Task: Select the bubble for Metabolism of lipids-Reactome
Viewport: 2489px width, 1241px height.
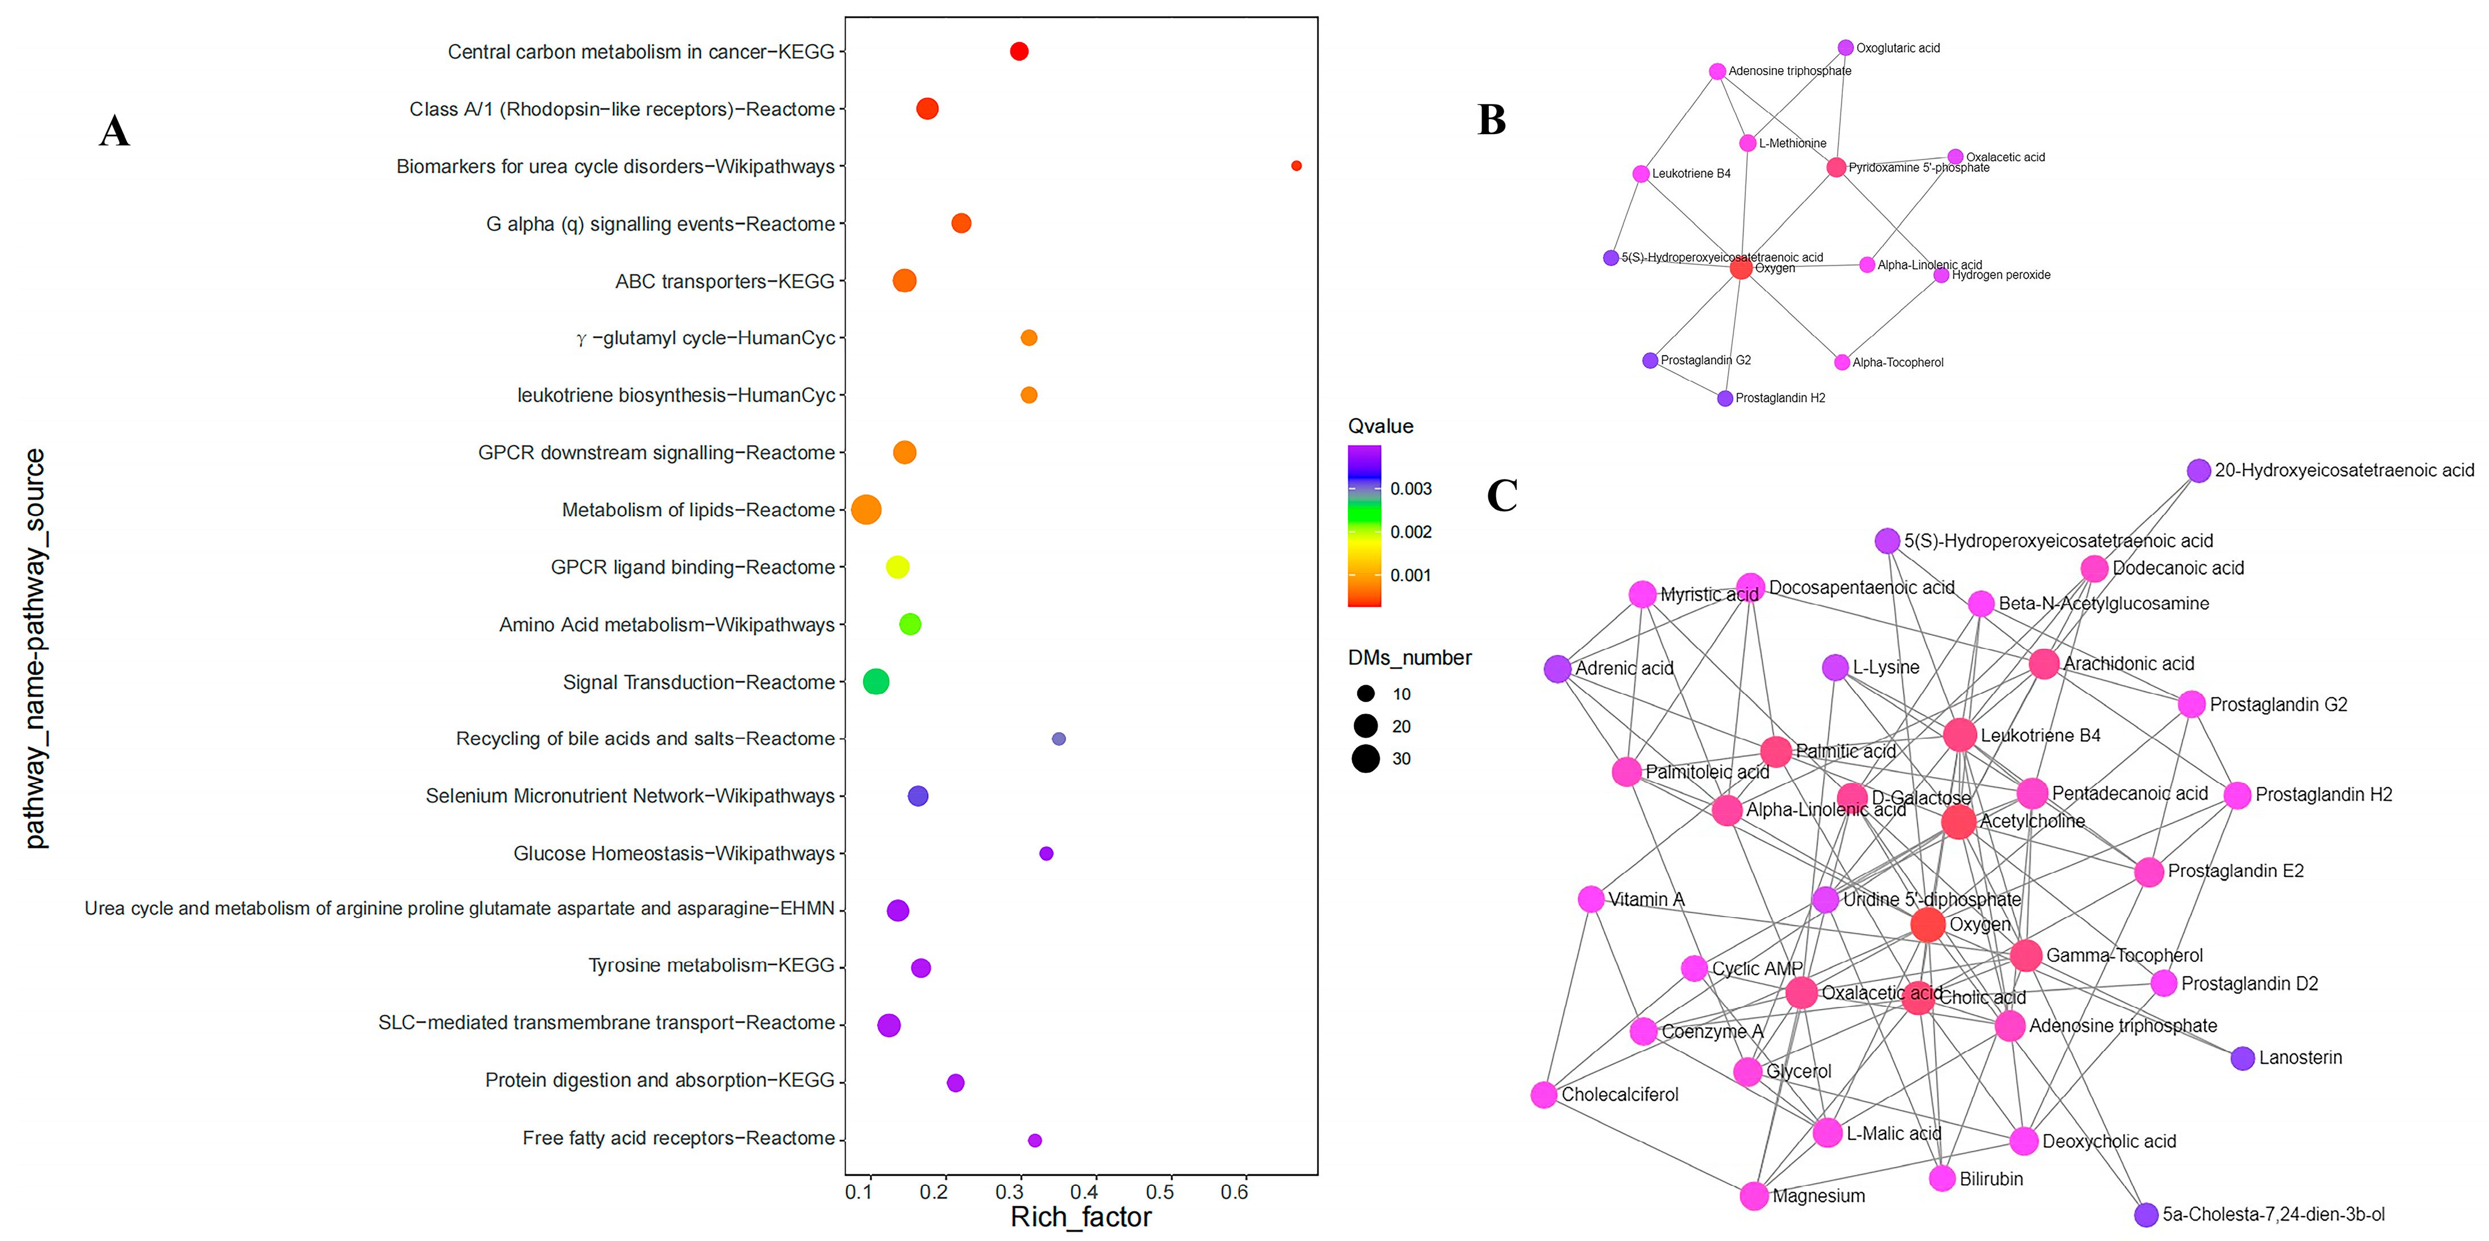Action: click(x=865, y=509)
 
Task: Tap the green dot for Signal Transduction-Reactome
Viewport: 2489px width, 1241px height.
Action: click(x=875, y=681)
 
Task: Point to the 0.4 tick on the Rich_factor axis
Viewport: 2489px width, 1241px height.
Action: click(x=1084, y=1192)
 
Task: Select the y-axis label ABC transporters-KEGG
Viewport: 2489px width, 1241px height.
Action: click(x=725, y=281)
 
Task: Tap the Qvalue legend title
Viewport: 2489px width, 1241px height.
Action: click(x=1380, y=426)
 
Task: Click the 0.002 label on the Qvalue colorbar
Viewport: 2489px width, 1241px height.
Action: click(x=1410, y=532)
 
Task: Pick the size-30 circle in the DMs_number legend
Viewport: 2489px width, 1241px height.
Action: click(x=1366, y=759)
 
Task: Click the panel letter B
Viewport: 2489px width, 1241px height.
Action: click(x=1492, y=120)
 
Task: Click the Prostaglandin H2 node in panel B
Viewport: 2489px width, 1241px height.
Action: click(x=1725, y=398)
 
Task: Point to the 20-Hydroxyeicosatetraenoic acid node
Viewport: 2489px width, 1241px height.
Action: click(x=2198, y=470)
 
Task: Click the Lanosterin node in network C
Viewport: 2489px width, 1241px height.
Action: click(x=2242, y=1059)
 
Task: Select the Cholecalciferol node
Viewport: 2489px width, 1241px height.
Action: click(x=1544, y=1095)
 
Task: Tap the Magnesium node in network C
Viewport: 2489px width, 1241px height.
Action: click(x=1754, y=1196)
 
